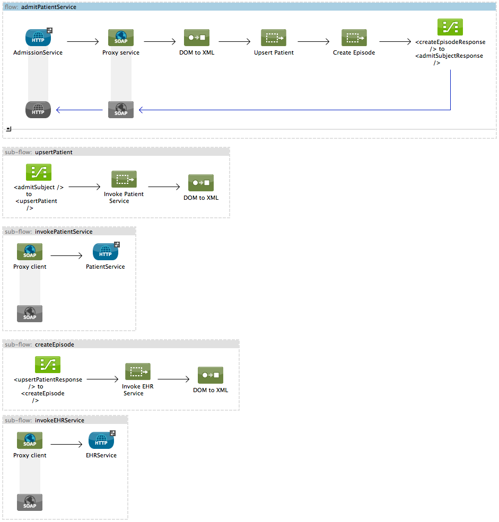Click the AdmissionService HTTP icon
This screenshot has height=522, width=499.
coord(38,38)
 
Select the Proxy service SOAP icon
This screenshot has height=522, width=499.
coord(121,38)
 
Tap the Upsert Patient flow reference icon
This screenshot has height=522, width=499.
coord(274,38)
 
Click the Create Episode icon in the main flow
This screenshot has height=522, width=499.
coord(354,38)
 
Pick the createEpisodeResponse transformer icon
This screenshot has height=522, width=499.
coord(450,27)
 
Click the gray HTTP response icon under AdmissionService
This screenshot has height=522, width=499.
coord(38,110)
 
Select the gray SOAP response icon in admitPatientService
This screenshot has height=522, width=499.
coord(121,110)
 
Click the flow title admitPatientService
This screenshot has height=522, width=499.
coord(48,7)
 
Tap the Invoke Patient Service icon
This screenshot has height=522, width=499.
coord(124,179)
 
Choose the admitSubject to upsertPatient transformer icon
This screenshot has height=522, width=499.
coord(39,172)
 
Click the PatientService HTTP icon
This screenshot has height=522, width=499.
coord(106,252)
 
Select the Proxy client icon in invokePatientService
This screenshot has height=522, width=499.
coord(30,252)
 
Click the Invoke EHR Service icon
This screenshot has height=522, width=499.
coord(138,371)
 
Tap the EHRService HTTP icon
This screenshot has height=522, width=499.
coord(101,440)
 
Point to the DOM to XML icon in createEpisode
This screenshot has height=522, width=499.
coord(211,375)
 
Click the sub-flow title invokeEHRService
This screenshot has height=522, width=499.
coord(59,420)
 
